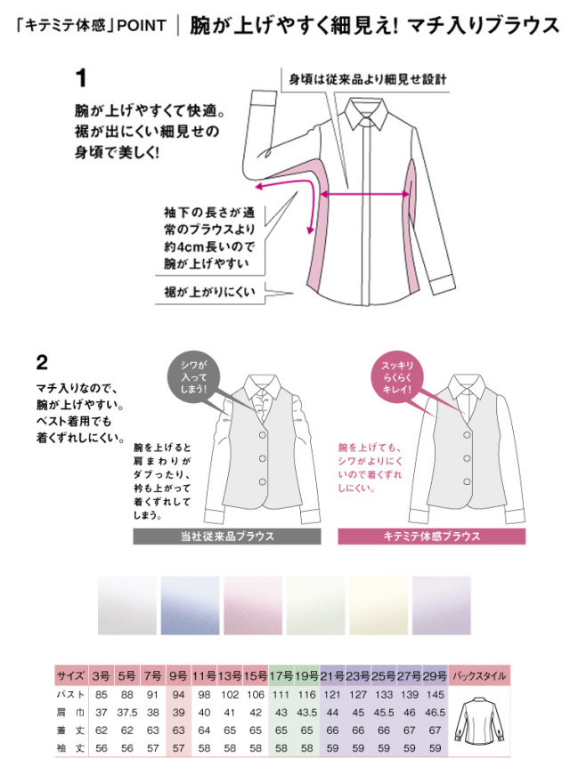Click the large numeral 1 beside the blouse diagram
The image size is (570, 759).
[x=81, y=78]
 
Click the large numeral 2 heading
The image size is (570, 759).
[x=42, y=362]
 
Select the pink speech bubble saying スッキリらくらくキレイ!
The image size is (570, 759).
[x=396, y=377]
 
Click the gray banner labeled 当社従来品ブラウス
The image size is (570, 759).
[x=227, y=537]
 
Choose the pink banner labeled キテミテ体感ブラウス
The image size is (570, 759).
[x=431, y=537]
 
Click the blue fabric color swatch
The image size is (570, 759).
[x=190, y=606]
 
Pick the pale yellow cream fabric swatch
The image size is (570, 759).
[x=379, y=606]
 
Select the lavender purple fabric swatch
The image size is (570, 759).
[x=442, y=606]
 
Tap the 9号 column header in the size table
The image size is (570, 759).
[x=178, y=675]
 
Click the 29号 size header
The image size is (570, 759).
[x=436, y=675]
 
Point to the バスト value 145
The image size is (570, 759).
[x=436, y=695]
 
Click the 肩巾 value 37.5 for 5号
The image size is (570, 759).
[x=127, y=713]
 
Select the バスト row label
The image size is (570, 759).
[x=70, y=695]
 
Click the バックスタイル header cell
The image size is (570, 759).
[x=479, y=675]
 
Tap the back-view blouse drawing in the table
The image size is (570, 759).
[x=479, y=721]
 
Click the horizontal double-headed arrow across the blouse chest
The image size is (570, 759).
[x=365, y=195]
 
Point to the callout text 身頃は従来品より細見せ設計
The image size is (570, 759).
[x=368, y=79]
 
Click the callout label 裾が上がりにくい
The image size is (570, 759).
[x=209, y=292]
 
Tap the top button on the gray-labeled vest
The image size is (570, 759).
[x=262, y=435]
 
